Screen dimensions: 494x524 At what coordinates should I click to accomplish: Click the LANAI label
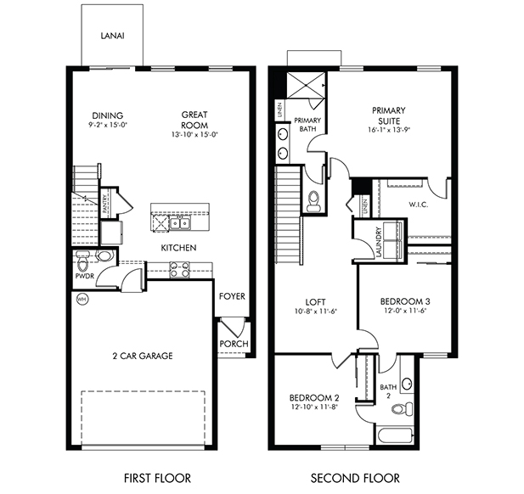pos(113,36)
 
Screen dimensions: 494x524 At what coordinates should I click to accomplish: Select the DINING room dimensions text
pos(108,126)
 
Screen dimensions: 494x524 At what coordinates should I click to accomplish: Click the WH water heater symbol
pos(82,300)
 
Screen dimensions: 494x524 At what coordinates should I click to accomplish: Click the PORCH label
pos(232,344)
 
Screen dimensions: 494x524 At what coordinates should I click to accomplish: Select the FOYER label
pos(232,297)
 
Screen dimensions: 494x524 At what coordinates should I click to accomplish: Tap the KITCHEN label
pos(179,248)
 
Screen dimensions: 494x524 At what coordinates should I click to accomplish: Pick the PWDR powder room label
pos(83,276)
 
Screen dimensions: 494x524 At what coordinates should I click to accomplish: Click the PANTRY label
pos(104,205)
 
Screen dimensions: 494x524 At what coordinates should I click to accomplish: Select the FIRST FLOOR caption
pos(157,477)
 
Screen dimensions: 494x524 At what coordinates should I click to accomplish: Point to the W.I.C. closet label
pos(418,204)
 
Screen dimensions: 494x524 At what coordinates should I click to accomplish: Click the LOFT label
pos(316,301)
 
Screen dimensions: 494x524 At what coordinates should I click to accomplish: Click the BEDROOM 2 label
pos(313,398)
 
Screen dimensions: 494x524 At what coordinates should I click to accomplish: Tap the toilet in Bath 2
pos(398,410)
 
